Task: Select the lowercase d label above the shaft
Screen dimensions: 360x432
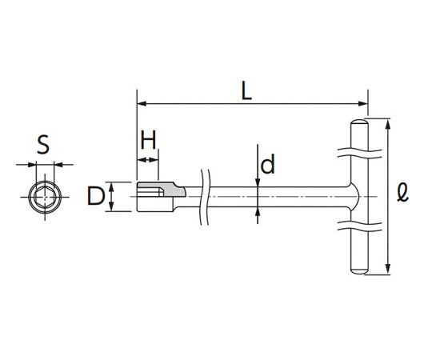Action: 268,165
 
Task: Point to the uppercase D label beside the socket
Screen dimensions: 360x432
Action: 95,196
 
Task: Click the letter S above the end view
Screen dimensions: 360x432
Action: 44,145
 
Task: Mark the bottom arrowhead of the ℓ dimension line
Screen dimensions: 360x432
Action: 388,270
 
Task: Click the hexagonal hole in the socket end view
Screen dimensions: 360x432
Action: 44,196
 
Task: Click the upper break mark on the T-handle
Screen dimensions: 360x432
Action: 356,150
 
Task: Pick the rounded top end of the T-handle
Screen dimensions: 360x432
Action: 356,124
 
